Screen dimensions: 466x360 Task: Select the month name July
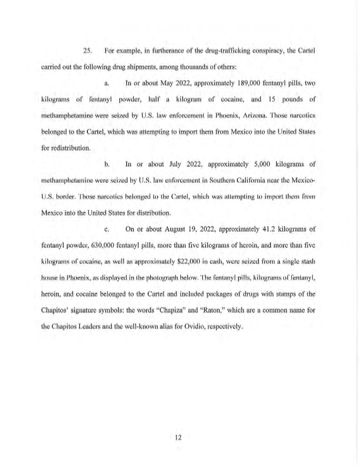[176, 164]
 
